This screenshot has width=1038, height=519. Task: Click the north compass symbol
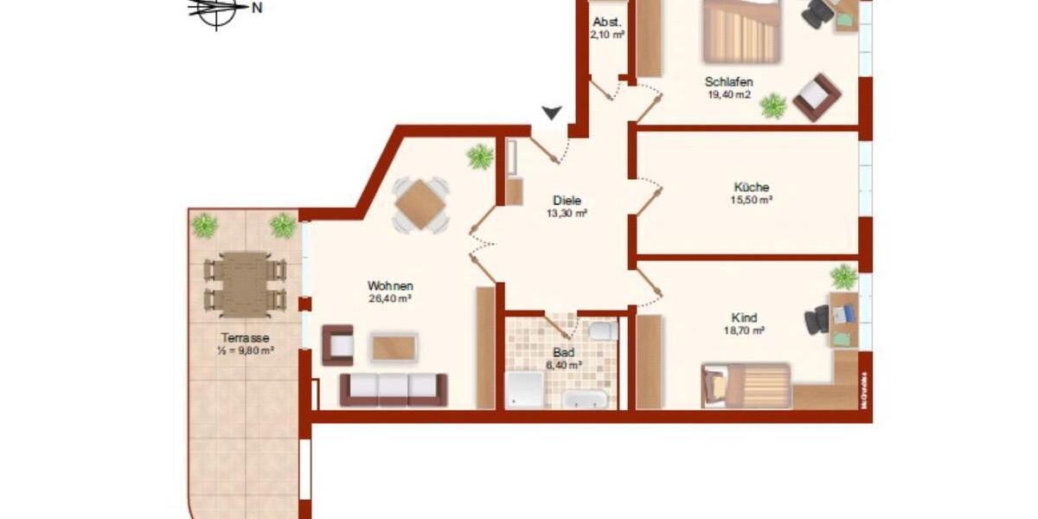[x=218, y=10]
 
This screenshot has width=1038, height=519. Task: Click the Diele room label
[x=567, y=201]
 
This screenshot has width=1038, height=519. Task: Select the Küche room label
[x=751, y=187]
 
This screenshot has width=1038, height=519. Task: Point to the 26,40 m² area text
[x=389, y=299]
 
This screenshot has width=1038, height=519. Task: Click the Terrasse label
[x=245, y=338]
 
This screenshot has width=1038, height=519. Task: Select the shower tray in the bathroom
[x=524, y=390]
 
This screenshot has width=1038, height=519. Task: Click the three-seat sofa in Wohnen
[x=393, y=389]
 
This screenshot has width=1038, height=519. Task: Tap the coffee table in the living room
[x=394, y=348]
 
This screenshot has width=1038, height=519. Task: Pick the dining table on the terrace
[x=244, y=282]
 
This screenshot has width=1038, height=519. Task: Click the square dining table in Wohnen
[x=420, y=205]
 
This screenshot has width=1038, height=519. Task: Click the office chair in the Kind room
[x=817, y=321]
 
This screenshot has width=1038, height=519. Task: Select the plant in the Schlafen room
[x=772, y=106]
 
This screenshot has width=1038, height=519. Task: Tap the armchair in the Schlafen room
[x=816, y=97]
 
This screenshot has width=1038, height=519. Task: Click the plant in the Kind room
[x=843, y=278]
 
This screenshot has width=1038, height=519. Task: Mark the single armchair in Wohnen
[x=337, y=345]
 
